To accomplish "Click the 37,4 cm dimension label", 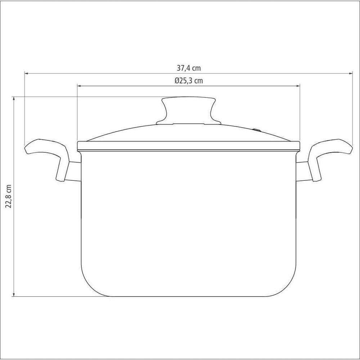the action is [189, 68].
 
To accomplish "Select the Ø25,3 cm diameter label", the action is [189, 81].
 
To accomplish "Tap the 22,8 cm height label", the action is [9, 196].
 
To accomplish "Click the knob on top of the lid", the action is [189, 110].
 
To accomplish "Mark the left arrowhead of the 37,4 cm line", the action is [26, 73].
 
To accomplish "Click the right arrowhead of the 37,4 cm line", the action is [351, 73].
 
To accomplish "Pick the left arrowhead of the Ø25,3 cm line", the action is [79, 86].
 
